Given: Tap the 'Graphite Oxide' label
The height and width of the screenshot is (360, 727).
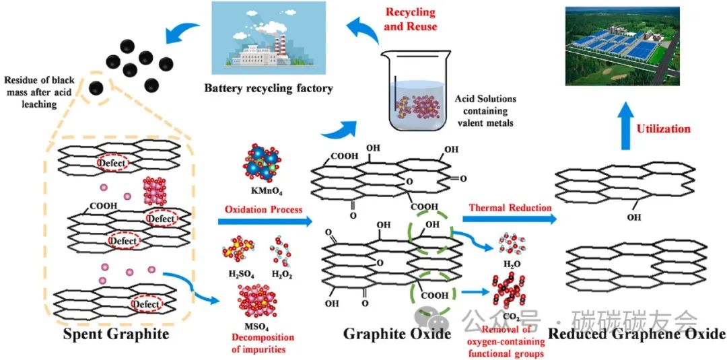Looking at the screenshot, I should pyautogui.click(x=396, y=334).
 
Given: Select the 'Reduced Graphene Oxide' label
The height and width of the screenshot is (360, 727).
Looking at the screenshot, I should pyautogui.click(x=637, y=334).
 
